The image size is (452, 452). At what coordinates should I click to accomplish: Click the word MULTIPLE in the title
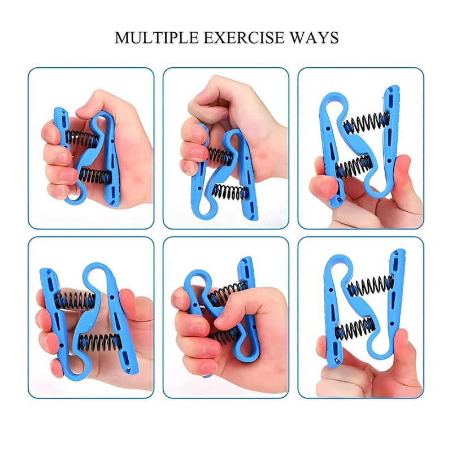(x=157, y=37)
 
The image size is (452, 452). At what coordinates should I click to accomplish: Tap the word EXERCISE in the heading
(x=244, y=37)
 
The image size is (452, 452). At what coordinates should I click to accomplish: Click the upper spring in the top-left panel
(x=81, y=138)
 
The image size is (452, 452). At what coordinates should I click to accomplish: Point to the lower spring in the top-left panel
(x=95, y=176)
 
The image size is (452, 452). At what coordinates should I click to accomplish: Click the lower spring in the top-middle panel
(x=230, y=192)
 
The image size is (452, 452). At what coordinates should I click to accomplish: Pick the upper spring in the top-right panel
(x=366, y=123)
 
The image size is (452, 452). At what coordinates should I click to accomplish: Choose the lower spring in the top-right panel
(x=354, y=167)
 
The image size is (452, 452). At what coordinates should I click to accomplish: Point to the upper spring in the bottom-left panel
(x=76, y=301)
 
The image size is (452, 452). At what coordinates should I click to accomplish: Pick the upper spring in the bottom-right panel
(x=371, y=286)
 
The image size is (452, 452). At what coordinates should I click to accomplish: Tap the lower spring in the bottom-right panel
(x=355, y=329)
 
